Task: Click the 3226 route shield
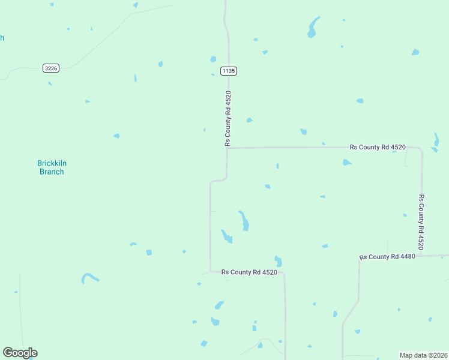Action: click(x=51, y=68)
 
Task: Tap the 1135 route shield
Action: click(x=229, y=71)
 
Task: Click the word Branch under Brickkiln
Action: click(x=52, y=172)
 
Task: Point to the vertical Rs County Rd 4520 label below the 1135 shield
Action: click(x=228, y=118)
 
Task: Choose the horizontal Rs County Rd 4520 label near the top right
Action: click(x=378, y=147)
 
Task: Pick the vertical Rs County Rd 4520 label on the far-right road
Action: click(x=421, y=222)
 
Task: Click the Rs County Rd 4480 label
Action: click(x=387, y=257)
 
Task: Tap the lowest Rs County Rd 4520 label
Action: click(x=249, y=272)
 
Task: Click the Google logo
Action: click(x=20, y=353)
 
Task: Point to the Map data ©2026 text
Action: click(x=424, y=355)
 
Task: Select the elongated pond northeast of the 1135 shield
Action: click(x=313, y=27)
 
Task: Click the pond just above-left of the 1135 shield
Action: click(x=213, y=59)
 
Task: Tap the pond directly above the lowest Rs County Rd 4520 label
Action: click(x=278, y=261)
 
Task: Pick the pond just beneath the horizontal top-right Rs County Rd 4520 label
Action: click(x=346, y=162)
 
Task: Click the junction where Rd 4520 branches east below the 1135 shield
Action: click(x=227, y=148)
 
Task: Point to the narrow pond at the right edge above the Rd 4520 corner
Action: click(x=436, y=140)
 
